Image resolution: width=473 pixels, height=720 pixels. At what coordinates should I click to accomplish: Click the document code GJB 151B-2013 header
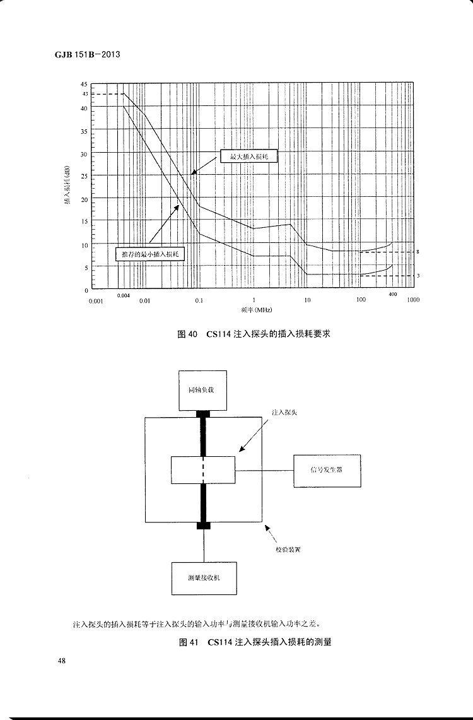(83, 54)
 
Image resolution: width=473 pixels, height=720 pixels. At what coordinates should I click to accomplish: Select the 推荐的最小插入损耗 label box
(150, 254)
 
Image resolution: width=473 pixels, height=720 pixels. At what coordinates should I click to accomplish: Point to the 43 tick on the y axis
(85, 94)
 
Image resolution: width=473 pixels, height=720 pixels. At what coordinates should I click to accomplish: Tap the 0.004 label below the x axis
(124, 295)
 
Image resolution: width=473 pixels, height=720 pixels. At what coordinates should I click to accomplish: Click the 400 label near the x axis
(393, 294)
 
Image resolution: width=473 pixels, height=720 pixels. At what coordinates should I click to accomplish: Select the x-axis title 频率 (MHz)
(251, 310)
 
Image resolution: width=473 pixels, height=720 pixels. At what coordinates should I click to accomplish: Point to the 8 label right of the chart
(418, 252)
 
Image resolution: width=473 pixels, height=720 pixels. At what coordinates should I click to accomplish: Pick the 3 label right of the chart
(418, 276)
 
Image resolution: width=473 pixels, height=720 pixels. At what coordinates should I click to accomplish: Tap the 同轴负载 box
(201, 390)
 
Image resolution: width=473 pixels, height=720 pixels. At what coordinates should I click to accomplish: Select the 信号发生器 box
(327, 470)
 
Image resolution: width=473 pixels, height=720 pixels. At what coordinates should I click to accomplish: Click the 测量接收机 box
(204, 578)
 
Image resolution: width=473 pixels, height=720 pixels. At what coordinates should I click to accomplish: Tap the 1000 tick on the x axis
(413, 300)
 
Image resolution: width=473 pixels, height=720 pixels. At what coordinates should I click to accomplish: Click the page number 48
(62, 661)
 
